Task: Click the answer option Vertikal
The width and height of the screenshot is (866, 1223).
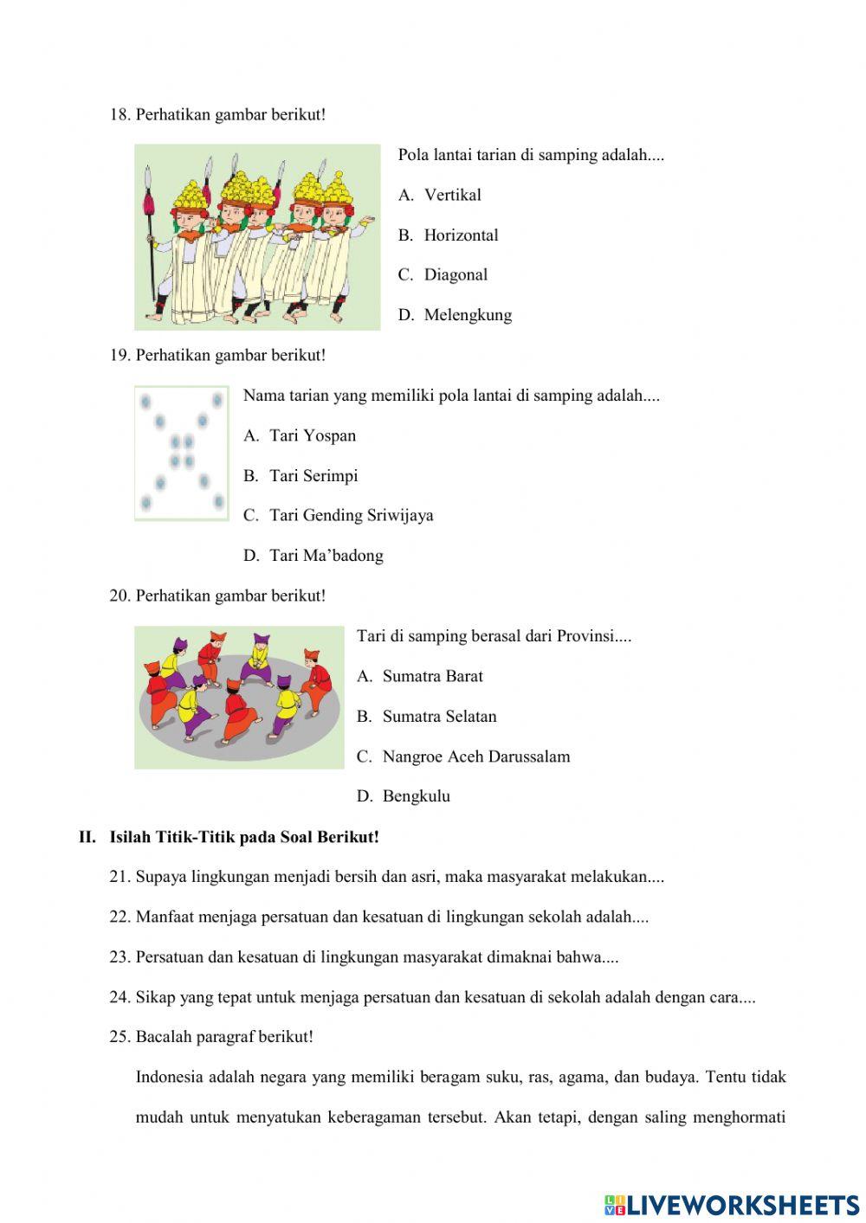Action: [x=452, y=196]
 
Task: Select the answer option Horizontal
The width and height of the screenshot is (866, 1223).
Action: [x=461, y=235]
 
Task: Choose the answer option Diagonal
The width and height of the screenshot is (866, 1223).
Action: [x=456, y=275]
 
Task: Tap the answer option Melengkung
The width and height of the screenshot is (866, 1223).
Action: [x=468, y=315]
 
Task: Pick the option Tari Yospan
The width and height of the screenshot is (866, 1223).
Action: [x=313, y=436]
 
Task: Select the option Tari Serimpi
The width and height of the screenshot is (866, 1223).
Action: [x=313, y=476]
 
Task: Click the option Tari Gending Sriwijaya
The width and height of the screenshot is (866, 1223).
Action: [x=351, y=516]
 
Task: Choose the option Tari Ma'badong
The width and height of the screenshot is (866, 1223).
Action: [x=326, y=556]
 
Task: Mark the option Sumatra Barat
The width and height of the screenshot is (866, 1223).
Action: [x=432, y=677]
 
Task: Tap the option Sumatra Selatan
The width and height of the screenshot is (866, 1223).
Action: [x=439, y=717]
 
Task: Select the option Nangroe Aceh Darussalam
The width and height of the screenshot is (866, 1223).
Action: [x=475, y=756]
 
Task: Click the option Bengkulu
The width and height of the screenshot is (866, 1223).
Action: [x=416, y=796]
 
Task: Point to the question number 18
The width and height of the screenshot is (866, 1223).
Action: [x=120, y=115]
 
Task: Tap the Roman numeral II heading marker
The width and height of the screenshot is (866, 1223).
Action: [x=87, y=838]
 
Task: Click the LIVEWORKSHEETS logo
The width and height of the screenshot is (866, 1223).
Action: [x=732, y=1205]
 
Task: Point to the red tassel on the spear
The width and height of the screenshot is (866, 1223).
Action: [x=149, y=204]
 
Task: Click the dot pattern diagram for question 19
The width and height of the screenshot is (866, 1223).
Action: [x=182, y=454]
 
